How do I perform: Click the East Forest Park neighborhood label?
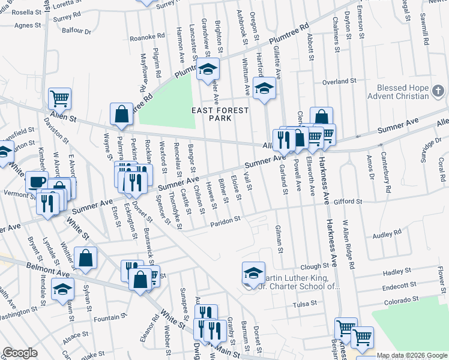[211, 114]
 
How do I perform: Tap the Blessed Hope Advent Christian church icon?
[439, 92]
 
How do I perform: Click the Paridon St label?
[225, 221]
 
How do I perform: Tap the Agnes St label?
[26, 25]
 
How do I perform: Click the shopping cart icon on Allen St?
[59, 97]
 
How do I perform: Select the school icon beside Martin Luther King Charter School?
[253, 273]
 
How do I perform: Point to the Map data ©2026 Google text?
[412, 355]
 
